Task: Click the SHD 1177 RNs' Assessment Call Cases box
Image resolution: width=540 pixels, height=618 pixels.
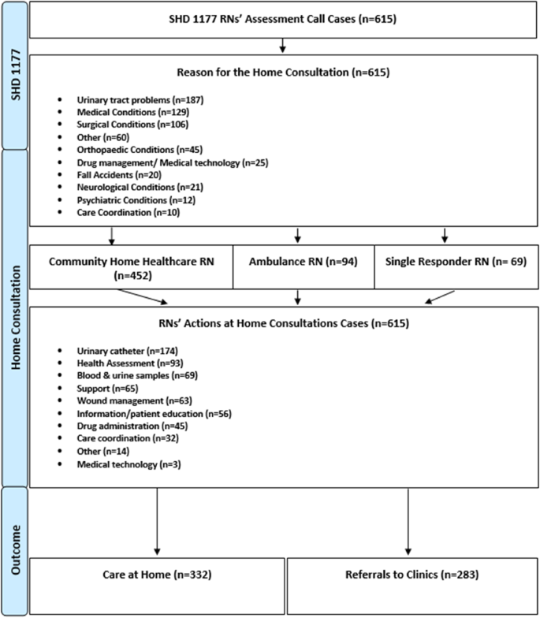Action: pos(284,21)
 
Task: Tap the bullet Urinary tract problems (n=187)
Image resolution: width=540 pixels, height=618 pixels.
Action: pos(128,101)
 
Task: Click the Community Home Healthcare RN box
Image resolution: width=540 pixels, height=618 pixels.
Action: pos(131,267)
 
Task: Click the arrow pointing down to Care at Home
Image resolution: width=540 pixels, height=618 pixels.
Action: pos(158,520)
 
